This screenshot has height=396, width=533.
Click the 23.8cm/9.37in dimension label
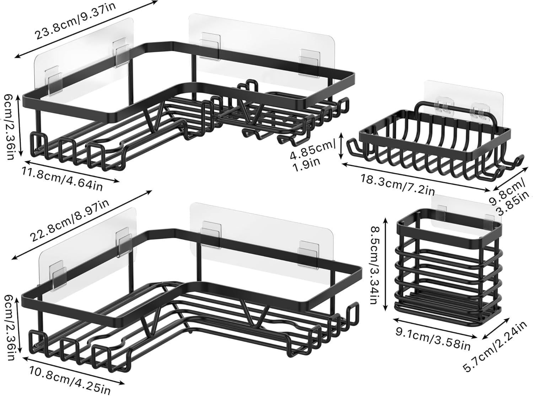pos(75,21)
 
